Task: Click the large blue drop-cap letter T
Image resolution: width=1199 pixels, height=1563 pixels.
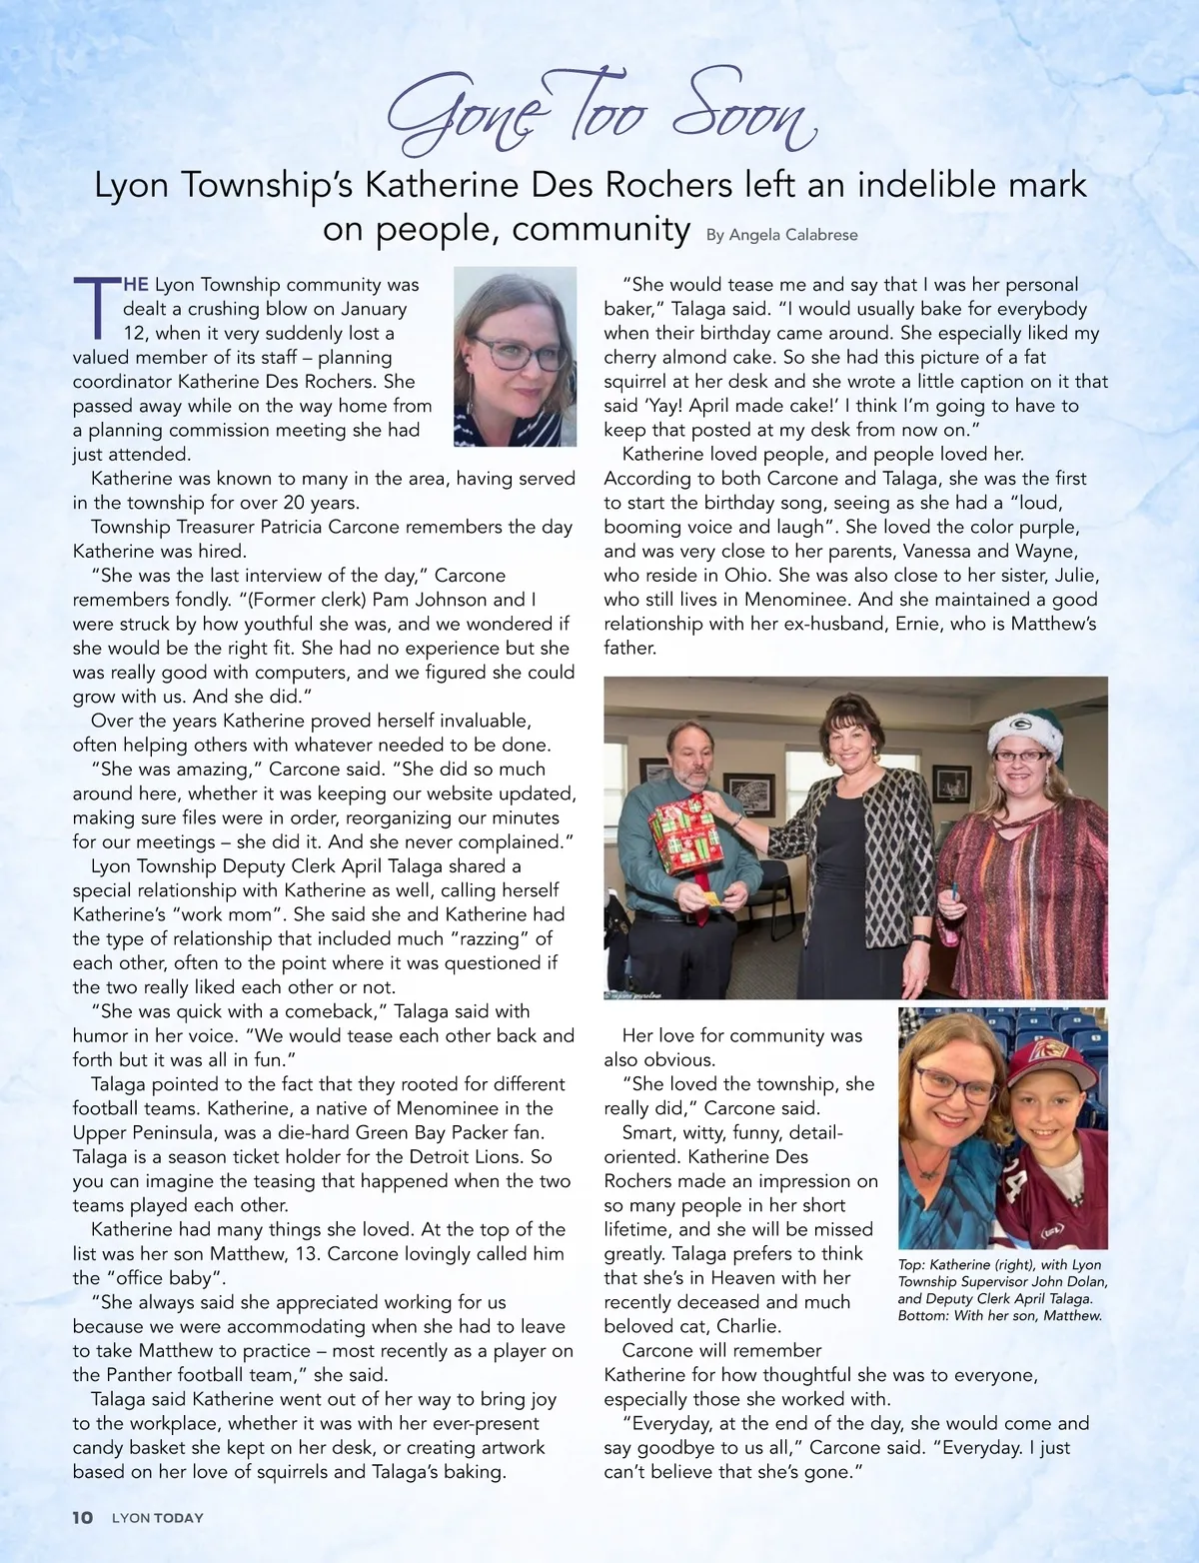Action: [x=97, y=306]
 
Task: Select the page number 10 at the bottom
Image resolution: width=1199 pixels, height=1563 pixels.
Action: [x=82, y=1517]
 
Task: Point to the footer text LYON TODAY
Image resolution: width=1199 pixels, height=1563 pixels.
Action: [x=157, y=1517]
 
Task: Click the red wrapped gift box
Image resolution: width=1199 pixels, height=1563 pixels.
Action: [x=686, y=831]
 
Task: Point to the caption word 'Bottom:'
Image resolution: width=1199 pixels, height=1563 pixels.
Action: [x=924, y=1316]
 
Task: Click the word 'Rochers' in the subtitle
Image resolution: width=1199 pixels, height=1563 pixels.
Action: [x=669, y=185]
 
